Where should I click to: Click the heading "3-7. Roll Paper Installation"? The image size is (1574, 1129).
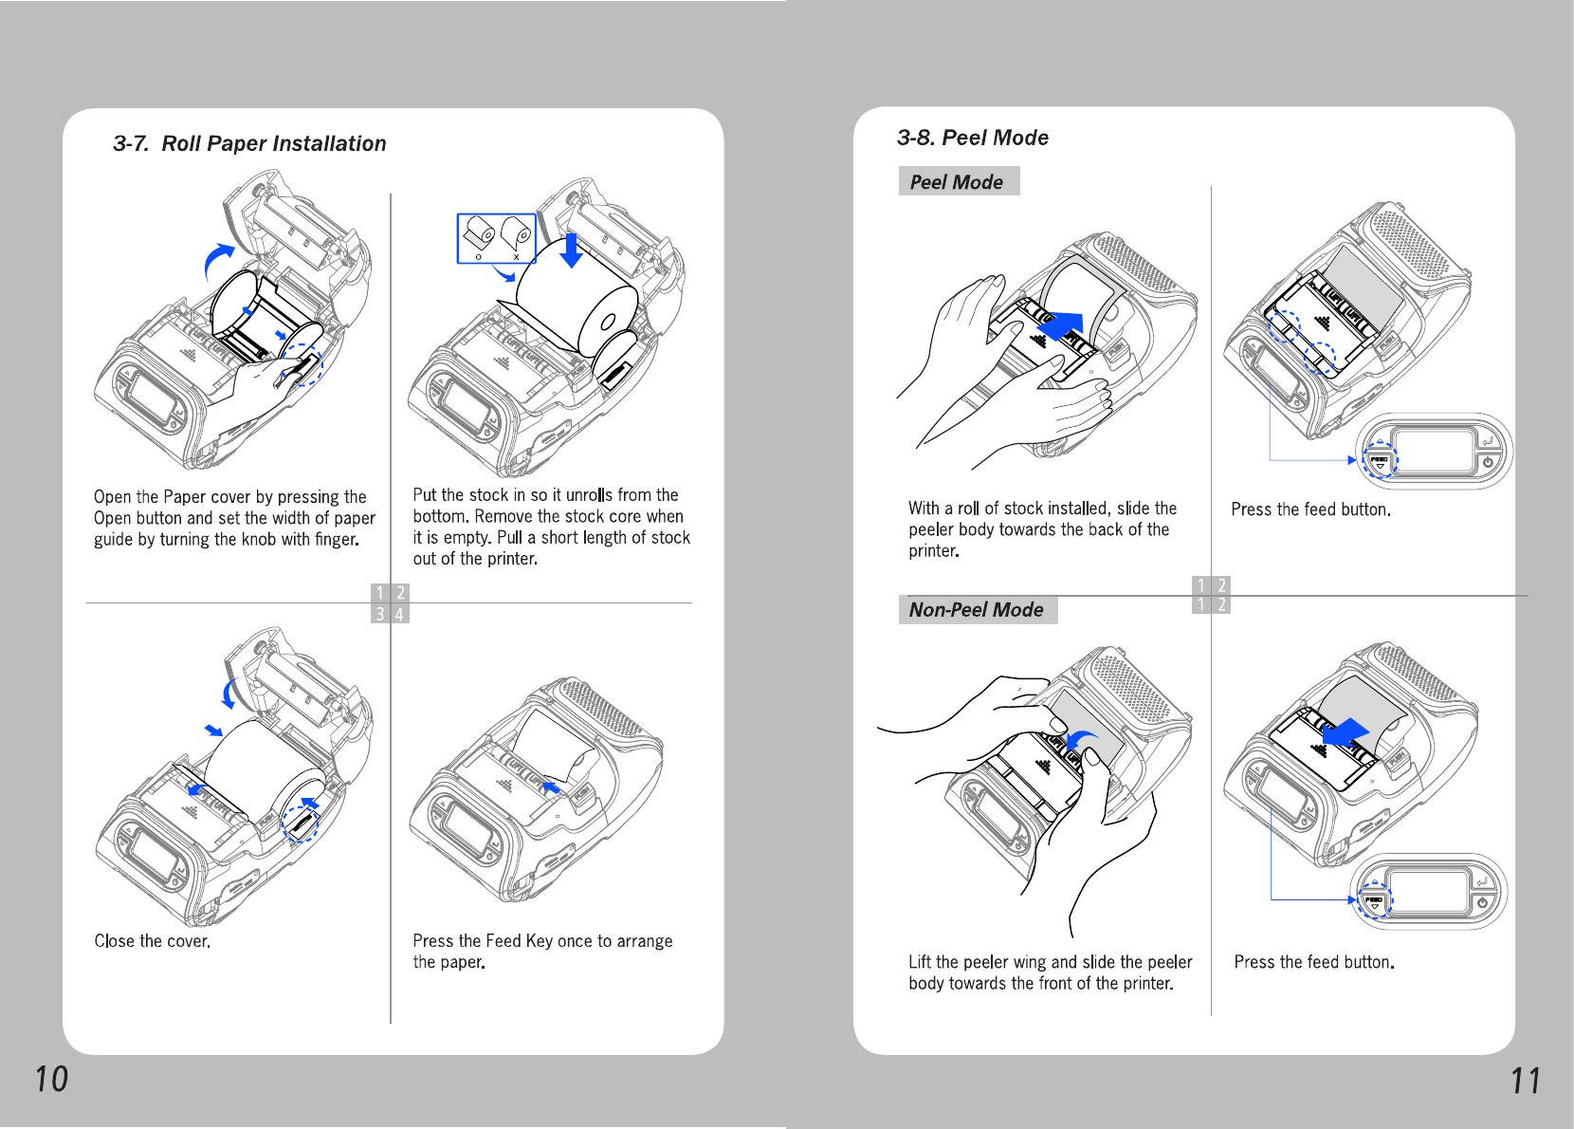click(249, 143)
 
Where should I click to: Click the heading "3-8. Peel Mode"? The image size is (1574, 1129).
click(972, 138)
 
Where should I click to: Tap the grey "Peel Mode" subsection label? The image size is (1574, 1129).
click(958, 181)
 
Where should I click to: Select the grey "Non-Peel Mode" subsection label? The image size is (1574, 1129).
click(977, 610)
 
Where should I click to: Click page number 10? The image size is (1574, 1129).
click(51, 1079)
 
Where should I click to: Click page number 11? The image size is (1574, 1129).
click(1526, 1081)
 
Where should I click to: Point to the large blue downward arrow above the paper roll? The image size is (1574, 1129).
click(571, 250)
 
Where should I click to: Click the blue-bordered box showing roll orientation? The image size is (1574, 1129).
click(496, 238)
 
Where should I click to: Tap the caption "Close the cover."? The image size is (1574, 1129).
click(152, 941)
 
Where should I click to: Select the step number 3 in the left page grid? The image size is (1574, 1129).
click(380, 615)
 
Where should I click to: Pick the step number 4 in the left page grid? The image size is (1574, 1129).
click(400, 615)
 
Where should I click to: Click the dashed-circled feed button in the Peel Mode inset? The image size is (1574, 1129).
click(1380, 460)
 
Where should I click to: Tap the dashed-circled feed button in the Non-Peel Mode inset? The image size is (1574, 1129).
click(1374, 900)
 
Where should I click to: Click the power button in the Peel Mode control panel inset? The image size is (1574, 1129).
click(1488, 462)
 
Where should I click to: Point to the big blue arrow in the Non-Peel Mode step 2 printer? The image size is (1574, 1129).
click(1346, 732)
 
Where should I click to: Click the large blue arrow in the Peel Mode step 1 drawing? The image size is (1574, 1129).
click(1060, 327)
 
